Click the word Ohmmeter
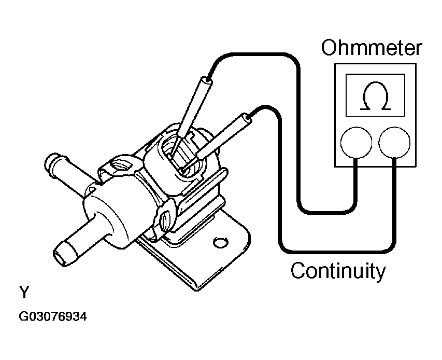[x=372, y=47]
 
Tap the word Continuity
[x=338, y=270]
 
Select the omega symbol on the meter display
[x=376, y=96]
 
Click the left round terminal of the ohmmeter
[x=356, y=143]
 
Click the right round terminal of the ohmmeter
[x=394, y=143]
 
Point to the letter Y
[x=24, y=292]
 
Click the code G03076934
[x=53, y=316]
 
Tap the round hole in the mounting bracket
[x=220, y=242]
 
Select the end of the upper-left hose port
[x=50, y=163]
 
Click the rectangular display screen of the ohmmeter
[x=375, y=95]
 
